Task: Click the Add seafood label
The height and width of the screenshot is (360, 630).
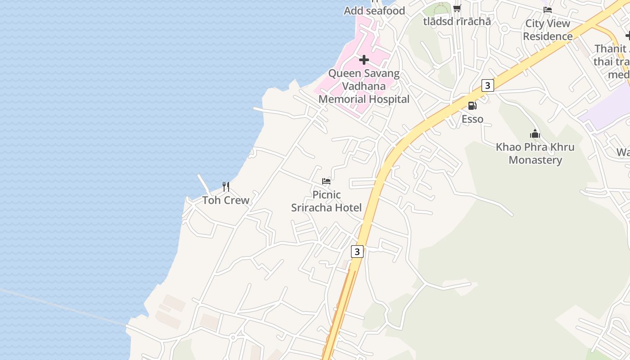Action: click(x=374, y=11)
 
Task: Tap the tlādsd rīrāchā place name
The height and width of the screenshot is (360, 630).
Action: click(x=457, y=21)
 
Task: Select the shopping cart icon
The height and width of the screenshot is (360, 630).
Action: click(x=457, y=8)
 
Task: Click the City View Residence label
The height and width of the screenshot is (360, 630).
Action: click(x=548, y=30)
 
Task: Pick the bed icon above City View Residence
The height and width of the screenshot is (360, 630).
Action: click(x=548, y=9)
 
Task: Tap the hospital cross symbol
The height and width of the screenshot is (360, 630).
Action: click(x=364, y=59)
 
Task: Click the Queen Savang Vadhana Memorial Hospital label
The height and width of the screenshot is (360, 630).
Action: click(x=364, y=86)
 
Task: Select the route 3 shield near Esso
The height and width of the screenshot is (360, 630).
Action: click(x=487, y=85)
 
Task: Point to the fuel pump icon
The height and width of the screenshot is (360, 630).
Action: click(x=472, y=106)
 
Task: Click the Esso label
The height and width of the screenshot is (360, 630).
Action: click(x=472, y=119)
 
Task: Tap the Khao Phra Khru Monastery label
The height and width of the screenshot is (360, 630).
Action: click(x=535, y=153)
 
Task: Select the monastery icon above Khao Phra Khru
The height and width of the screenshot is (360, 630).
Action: click(x=535, y=134)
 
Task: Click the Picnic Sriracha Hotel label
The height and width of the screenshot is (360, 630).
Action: click(x=326, y=201)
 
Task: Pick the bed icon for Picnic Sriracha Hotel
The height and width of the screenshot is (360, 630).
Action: click(x=326, y=181)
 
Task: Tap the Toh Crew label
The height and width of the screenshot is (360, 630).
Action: click(x=225, y=200)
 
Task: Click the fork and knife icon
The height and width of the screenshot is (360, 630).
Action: click(x=226, y=186)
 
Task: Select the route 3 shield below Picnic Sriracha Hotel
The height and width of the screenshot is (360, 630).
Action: click(x=357, y=251)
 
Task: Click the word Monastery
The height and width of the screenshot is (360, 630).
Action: click(x=535, y=160)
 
